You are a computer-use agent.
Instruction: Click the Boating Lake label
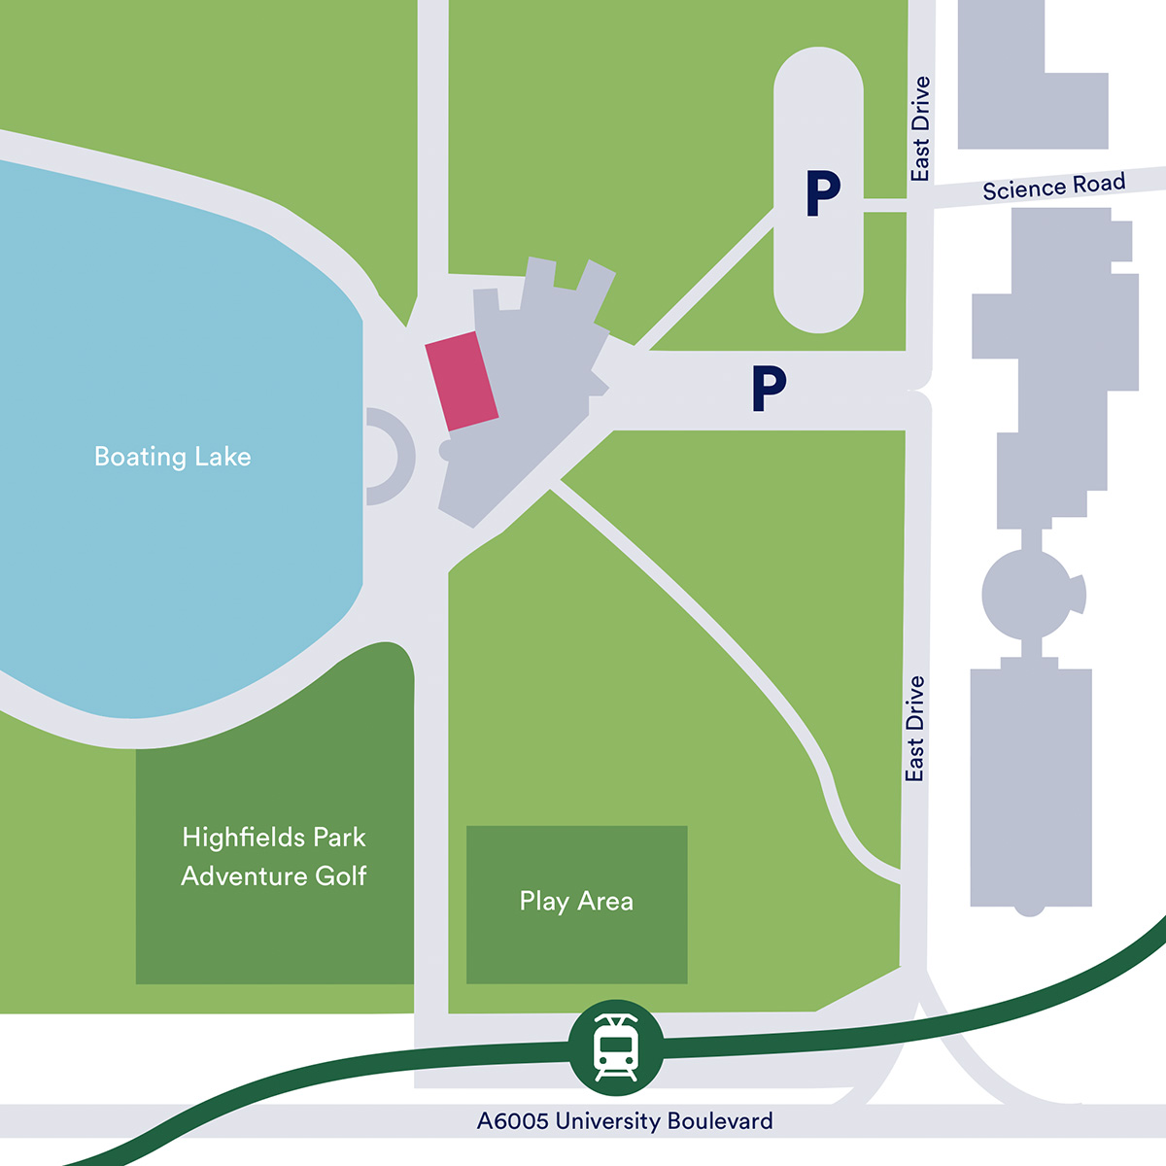tap(172, 457)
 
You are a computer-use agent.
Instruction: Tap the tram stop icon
tap(615, 1047)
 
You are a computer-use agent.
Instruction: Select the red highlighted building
tap(463, 380)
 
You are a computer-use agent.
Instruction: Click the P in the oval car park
tap(822, 193)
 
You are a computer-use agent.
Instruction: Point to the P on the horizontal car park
tap(768, 389)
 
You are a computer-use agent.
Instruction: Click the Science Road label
tap(1053, 186)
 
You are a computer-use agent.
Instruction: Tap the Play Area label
tap(576, 902)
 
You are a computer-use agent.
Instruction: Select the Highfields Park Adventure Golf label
tap(274, 856)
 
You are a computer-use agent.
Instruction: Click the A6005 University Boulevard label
tap(625, 1121)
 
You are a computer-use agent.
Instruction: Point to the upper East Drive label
tap(920, 128)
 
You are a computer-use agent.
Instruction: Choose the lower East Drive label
tap(914, 729)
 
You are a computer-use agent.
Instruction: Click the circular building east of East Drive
tap(1028, 594)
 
